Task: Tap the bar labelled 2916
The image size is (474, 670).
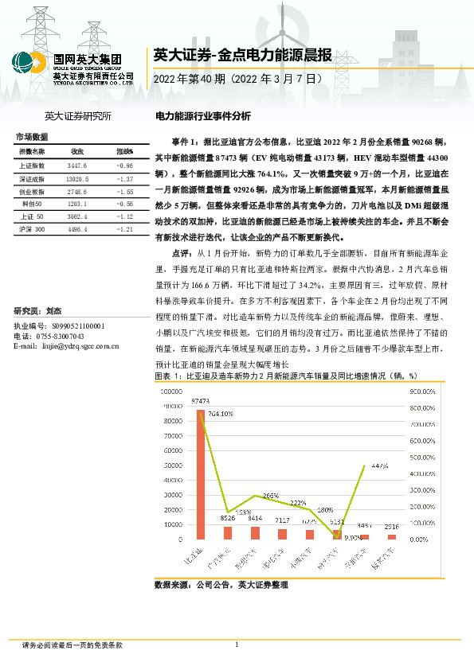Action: pos(391,537)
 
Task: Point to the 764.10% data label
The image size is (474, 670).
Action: pos(221,414)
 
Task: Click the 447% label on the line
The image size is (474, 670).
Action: pos(378,466)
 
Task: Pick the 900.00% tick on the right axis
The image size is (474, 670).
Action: pos(422,391)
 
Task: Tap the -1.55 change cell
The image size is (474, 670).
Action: pos(123,193)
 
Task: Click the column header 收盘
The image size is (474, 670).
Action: pos(77,151)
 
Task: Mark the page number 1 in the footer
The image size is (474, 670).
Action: pos(237,645)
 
